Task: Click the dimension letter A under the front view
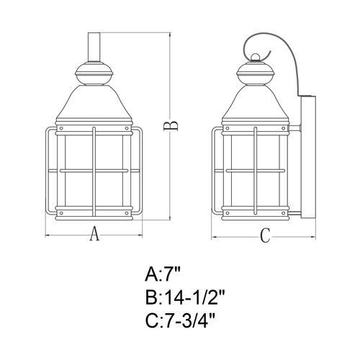(x=94, y=233)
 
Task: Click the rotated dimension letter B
(x=171, y=126)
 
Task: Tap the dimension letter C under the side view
(x=266, y=235)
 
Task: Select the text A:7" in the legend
(x=163, y=275)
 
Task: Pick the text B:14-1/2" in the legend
(x=185, y=297)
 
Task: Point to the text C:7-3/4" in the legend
(x=179, y=321)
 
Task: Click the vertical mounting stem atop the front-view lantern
(x=94, y=47)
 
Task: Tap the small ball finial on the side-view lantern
(x=255, y=57)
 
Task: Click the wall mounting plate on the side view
(x=308, y=157)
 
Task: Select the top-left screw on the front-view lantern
(x=61, y=128)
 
